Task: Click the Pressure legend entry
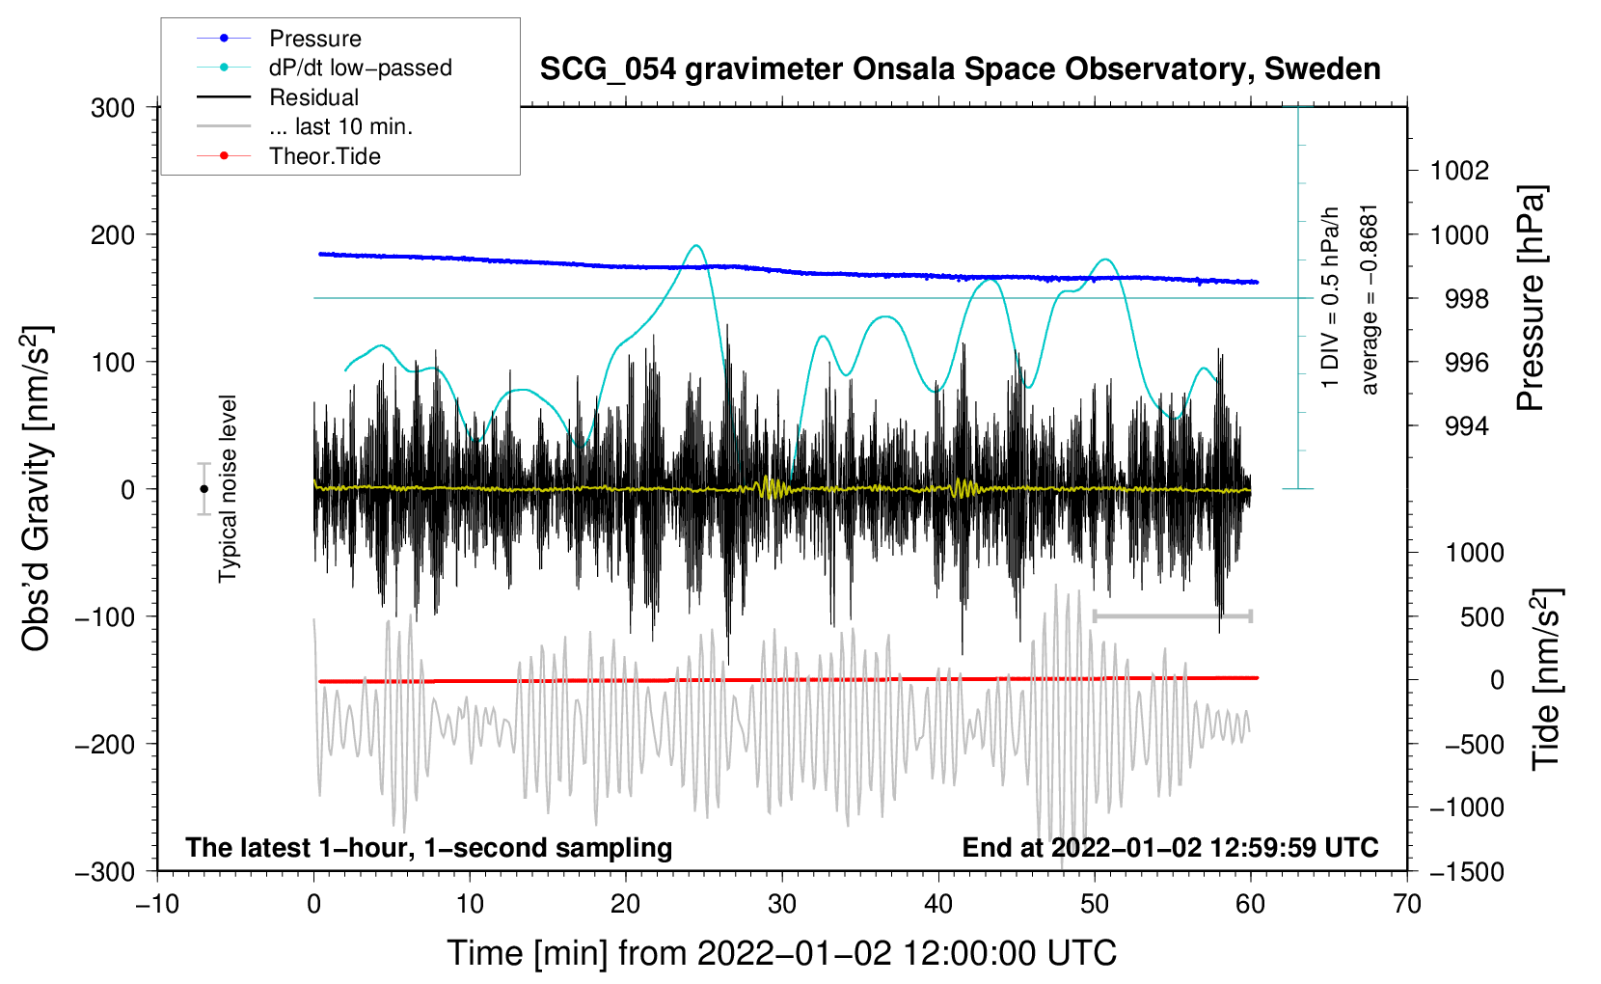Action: pos(314,39)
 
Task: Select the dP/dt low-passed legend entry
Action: pos(360,68)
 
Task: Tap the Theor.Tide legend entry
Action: pos(324,156)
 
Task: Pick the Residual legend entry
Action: pos(313,97)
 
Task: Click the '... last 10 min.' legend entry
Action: pos(340,126)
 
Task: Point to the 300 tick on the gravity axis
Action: pos(113,108)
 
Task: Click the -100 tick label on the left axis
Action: pos(105,616)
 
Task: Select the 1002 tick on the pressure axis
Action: pos(1459,171)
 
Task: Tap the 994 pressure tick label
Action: pos(1466,426)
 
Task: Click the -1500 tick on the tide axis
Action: pos(1466,871)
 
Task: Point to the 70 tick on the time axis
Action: pos(1407,904)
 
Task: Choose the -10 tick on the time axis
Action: pos(157,904)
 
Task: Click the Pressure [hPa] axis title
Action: pos(1531,298)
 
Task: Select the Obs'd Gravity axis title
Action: pos(36,489)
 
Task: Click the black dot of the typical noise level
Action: pos(204,489)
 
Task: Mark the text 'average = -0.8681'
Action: pos(1369,299)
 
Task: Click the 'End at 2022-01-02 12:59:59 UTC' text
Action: pos(1170,848)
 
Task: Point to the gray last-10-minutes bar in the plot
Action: pos(1172,615)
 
